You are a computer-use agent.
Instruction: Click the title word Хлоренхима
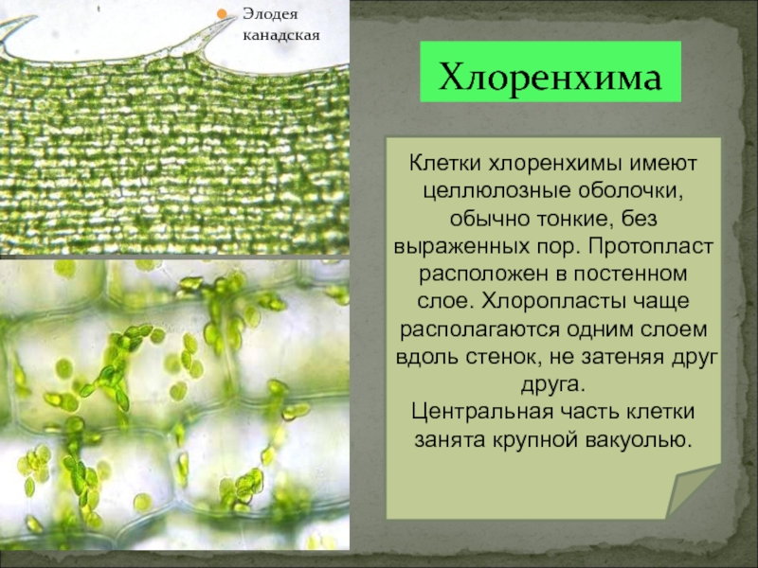(550, 77)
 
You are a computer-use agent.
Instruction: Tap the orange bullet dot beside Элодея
(222, 14)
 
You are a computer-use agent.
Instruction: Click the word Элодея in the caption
(270, 14)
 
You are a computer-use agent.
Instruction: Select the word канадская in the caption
(280, 36)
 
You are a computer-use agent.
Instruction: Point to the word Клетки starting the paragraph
(445, 163)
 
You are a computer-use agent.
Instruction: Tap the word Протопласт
(651, 246)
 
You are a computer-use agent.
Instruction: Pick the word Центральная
(482, 412)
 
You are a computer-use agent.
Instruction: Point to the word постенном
(630, 274)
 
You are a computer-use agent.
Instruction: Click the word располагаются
(479, 329)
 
